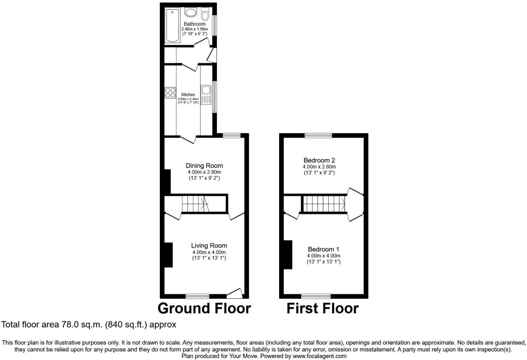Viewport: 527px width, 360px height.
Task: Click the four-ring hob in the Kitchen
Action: coord(170,92)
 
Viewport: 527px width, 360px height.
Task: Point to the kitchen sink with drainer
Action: coord(206,94)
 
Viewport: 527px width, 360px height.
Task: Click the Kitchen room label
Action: coord(188,94)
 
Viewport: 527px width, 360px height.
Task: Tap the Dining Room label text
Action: coord(204,165)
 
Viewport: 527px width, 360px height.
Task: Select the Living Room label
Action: coord(210,245)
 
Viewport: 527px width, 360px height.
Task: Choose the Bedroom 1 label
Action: coord(323,249)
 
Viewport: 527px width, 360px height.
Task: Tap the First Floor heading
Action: coord(322,308)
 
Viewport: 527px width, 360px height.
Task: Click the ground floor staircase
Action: coord(195,203)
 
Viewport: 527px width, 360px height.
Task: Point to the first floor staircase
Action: coord(324,203)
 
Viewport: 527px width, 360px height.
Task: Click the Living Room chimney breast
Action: coord(168,254)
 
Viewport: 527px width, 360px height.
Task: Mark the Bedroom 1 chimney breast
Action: coord(288,254)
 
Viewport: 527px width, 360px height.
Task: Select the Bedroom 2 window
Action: coord(318,135)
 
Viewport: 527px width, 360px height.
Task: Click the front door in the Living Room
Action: coord(235,293)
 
